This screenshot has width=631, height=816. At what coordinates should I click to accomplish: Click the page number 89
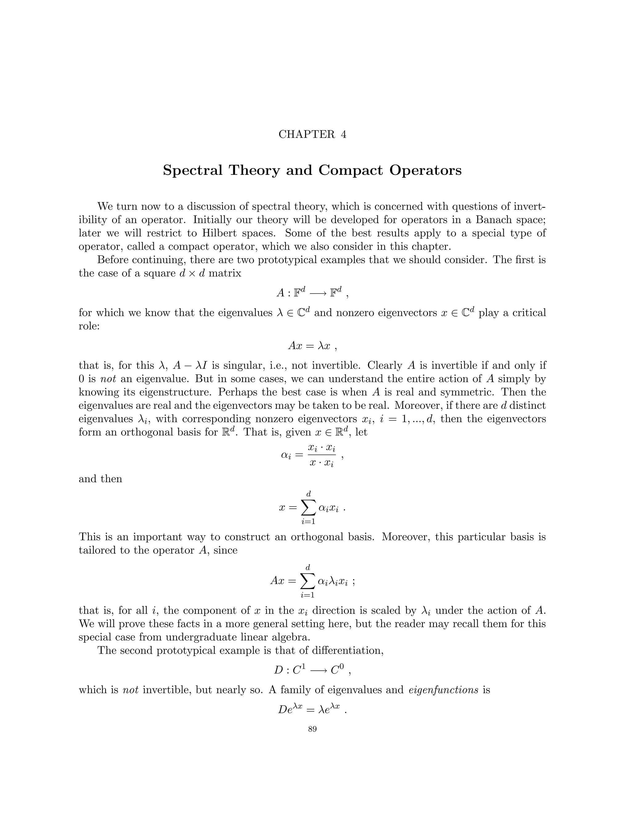pos(312,729)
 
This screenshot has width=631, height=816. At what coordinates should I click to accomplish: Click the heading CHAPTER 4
pos(312,135)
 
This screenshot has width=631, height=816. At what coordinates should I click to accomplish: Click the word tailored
pos(97,550)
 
